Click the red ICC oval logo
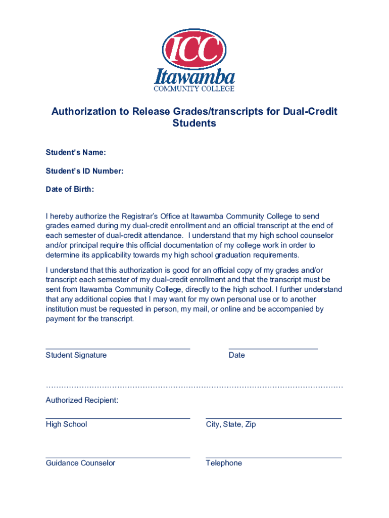pos(194,49)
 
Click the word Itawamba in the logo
pos(194,77)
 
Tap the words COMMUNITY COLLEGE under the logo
pos(194,89)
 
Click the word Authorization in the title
pos(84,111)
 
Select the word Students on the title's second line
pos(194,123)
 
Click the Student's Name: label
pos(76,153)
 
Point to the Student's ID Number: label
pos(84,171)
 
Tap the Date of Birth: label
pos(70,189)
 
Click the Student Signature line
pos(118,349)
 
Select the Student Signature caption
pos(76,355)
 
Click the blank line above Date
pos(273,349)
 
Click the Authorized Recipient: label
pos(82,400)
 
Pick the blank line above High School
pos(118,418)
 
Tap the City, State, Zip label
pos(231,424)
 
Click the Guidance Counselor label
pos(80,463)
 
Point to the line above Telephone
pos(273,457)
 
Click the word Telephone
pos(224,463)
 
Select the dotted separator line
pos(194,387)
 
